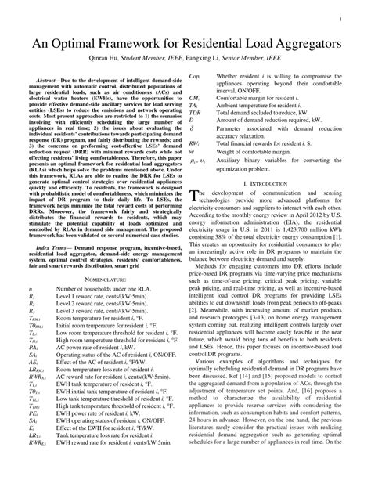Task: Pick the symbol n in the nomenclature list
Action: [x=31, y=312]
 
